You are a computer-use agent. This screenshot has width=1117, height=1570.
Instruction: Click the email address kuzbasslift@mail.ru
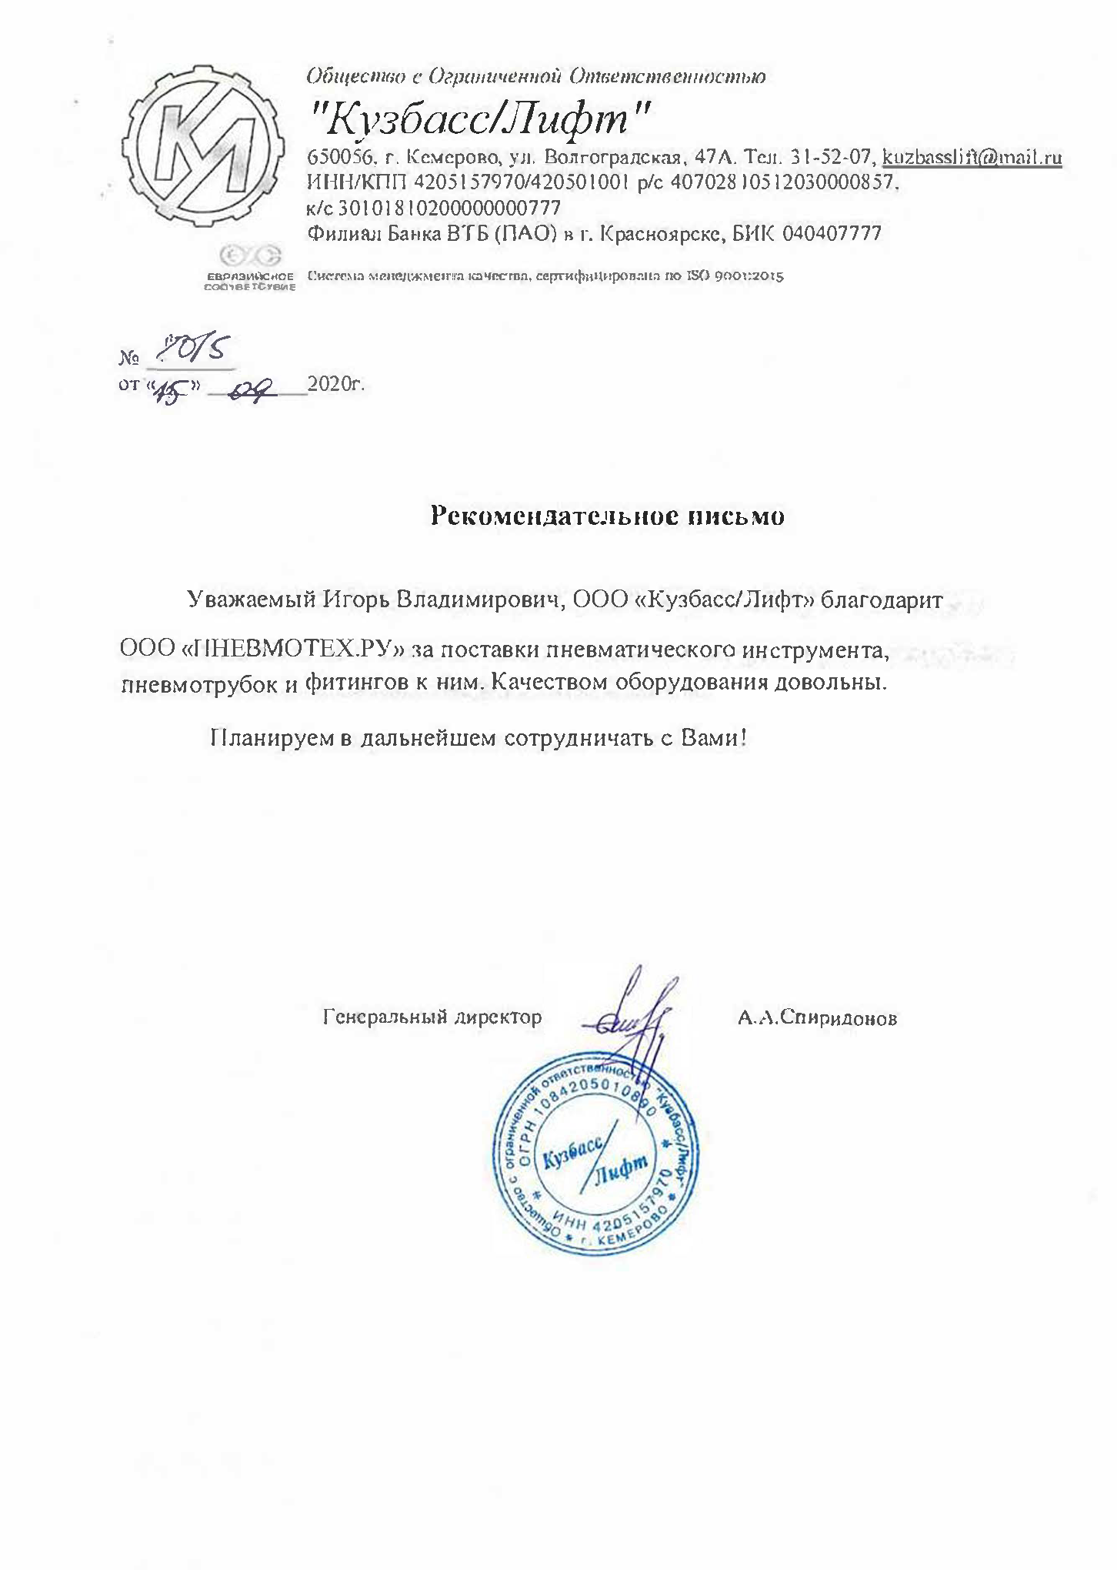(972, 158)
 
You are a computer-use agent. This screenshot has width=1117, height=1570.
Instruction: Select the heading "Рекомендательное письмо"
(607, 516)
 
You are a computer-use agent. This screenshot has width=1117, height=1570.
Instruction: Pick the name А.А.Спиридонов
(817, 1019)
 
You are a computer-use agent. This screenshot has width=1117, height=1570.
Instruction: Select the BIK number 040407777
(831, 233)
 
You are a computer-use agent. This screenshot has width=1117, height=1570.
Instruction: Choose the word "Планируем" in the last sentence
(272, 738)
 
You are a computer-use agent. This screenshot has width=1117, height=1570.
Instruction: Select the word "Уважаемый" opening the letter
(251, 600)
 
